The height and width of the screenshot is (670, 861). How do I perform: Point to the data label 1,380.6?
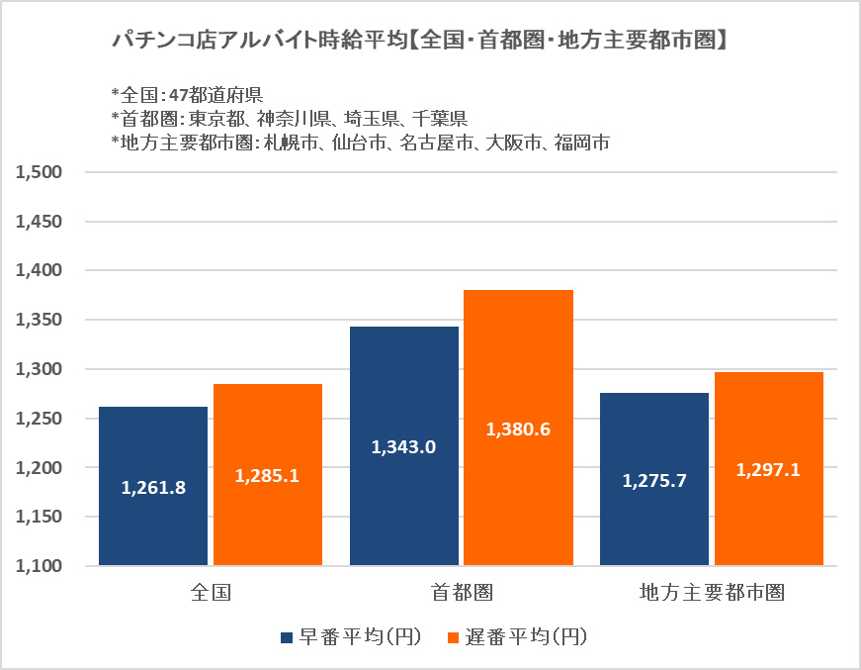(518, 430)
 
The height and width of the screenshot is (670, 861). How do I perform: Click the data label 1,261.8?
(153, 487)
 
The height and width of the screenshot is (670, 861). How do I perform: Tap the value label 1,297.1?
(768, 470)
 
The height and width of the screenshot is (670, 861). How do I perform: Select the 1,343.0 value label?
(403, 447)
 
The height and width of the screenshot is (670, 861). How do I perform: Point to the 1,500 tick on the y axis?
(40, 172)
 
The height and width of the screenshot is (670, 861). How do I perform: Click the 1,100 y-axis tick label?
(40, 566)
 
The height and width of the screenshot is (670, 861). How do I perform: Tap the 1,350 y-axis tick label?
(40, 320)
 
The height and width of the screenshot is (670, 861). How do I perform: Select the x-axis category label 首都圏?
(462, 593)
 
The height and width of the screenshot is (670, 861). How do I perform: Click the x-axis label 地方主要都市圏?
(712, 593)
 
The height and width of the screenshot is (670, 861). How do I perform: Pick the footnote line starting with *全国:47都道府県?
(187, 95)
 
